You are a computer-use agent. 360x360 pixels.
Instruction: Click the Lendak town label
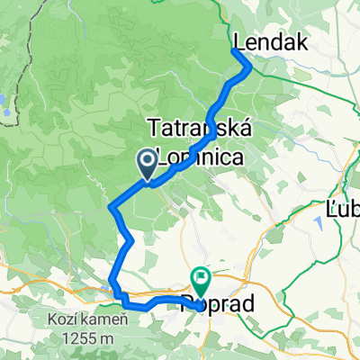(271, 42)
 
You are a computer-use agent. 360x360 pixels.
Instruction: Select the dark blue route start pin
(147, 162)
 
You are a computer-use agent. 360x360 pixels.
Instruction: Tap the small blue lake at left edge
(4, 99)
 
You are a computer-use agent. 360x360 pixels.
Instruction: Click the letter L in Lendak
(239, 42)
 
